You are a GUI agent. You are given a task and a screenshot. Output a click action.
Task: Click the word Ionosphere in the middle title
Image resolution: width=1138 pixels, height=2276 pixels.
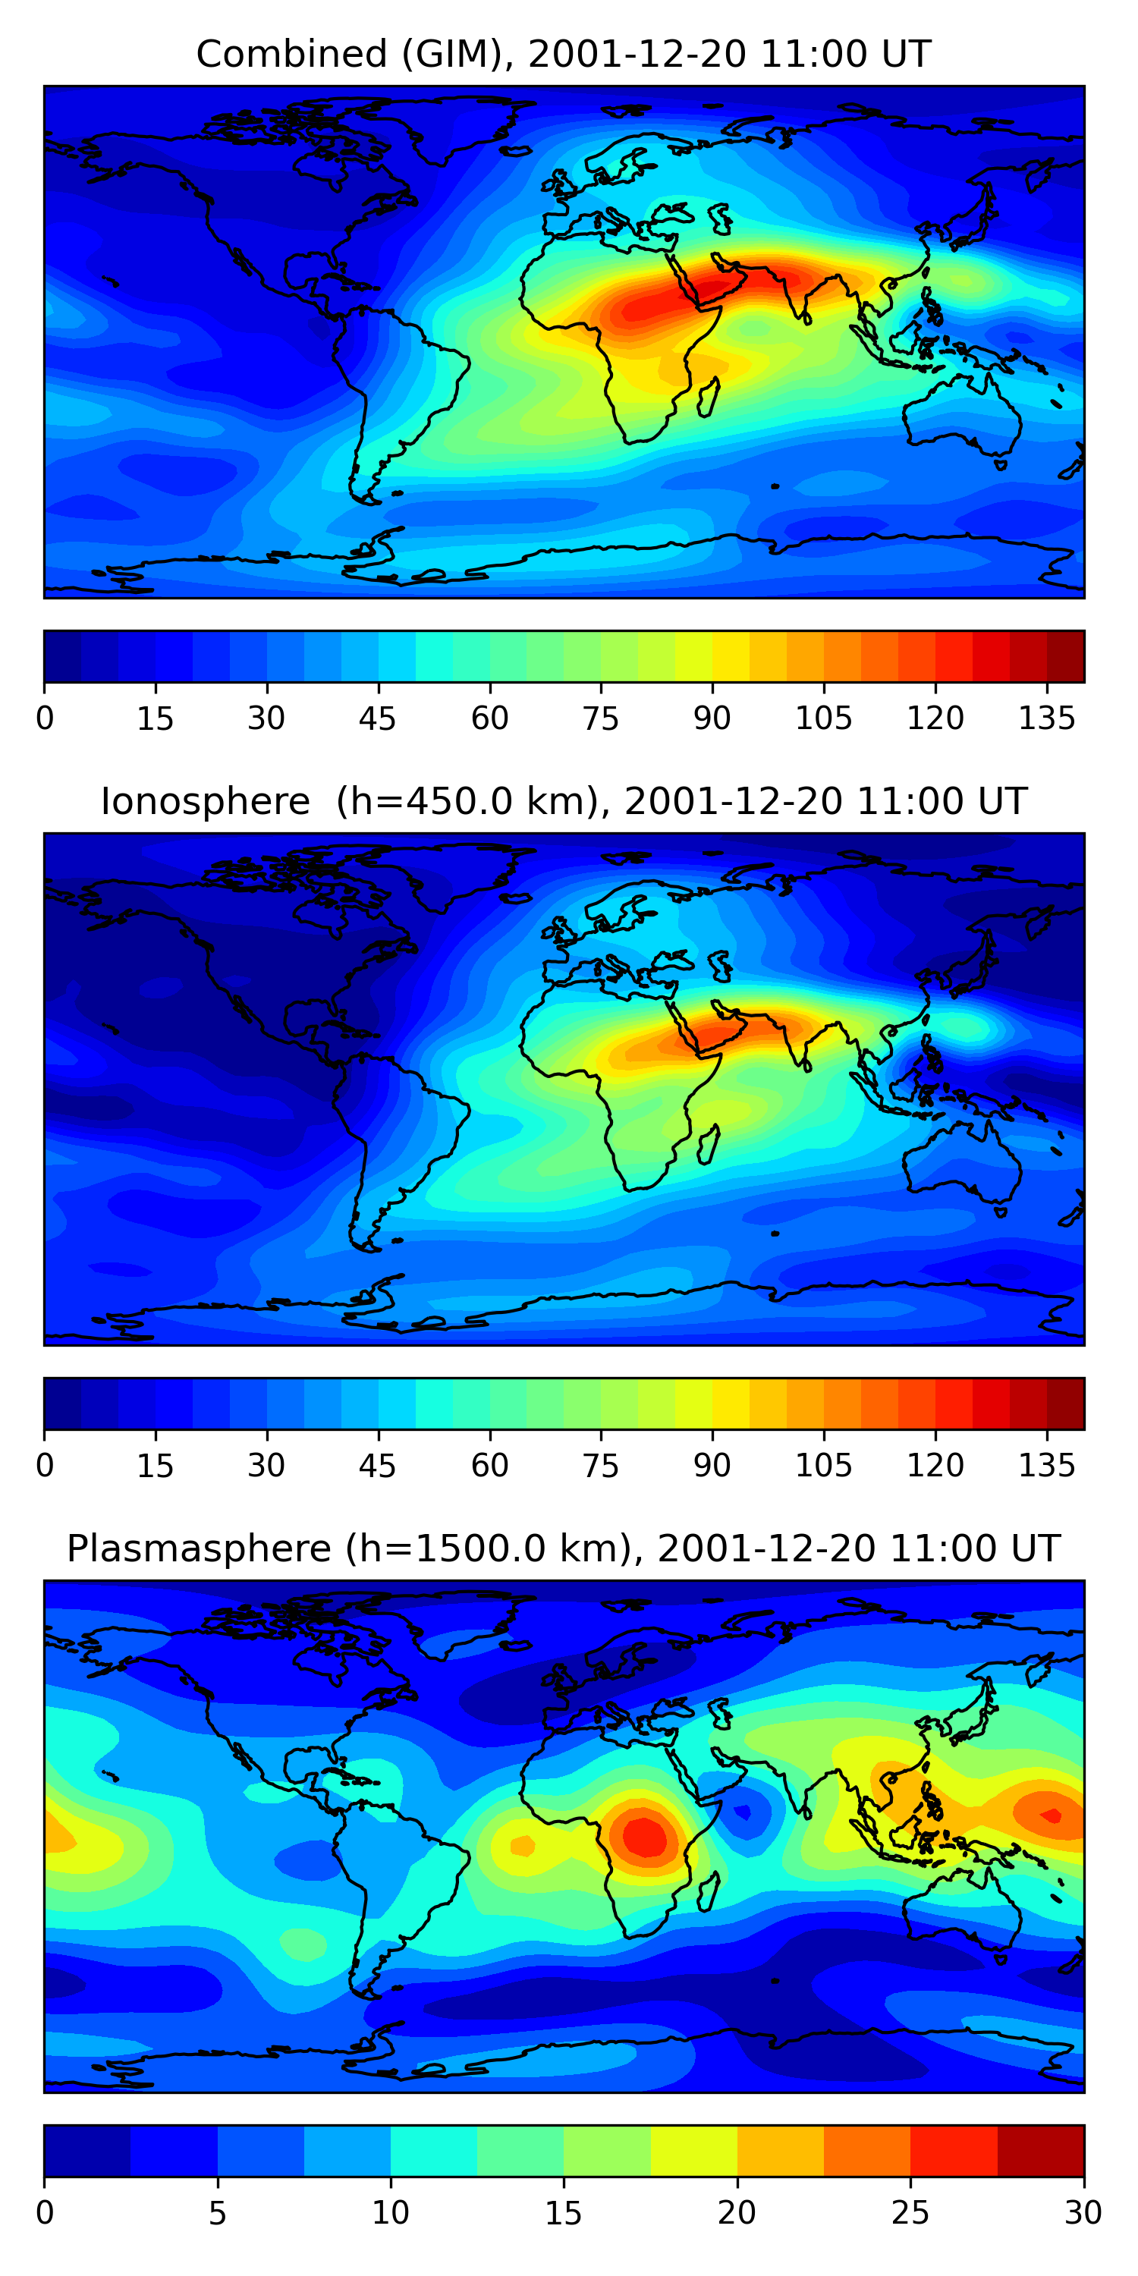[x=205, y=801]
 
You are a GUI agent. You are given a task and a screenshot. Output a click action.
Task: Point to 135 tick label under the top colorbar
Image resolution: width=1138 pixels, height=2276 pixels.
[x=1047, y=718]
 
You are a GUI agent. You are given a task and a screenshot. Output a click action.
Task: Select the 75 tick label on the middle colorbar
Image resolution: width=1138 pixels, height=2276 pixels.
[x=601, y=1466]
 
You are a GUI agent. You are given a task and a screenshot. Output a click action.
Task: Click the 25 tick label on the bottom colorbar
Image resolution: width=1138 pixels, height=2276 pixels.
[x=910, y=2213]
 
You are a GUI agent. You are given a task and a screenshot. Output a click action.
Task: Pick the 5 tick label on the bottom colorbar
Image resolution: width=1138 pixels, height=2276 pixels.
[x=217, y=2213]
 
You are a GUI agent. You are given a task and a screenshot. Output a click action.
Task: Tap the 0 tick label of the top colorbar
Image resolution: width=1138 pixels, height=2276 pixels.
[x=45, y=718]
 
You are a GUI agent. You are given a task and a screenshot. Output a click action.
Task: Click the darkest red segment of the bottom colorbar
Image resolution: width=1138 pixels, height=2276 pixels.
[x=1041, y=2151]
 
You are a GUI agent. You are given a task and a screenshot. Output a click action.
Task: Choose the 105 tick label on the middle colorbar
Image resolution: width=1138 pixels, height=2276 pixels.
[x=823, y=1466]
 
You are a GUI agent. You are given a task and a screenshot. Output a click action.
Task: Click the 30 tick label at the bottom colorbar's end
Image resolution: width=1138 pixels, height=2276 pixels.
[x=1083, y=2213]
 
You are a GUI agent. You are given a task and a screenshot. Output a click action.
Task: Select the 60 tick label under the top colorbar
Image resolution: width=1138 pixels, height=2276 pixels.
[x=489, y=718]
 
